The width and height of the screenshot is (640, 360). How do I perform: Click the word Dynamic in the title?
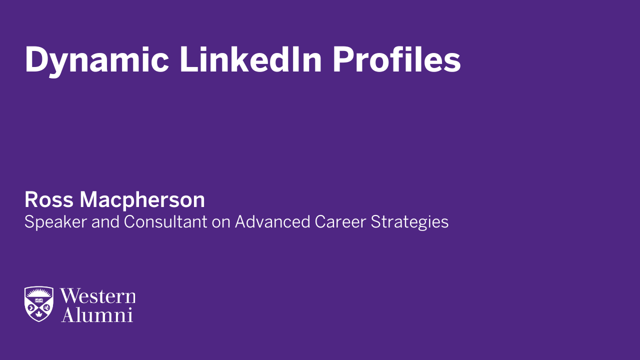tap(96, 60)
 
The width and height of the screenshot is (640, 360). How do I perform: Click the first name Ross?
tap(49, 200)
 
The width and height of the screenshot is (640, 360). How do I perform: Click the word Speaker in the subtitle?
tap(55, 222)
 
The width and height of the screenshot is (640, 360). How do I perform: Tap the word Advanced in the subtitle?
tap(272, 221)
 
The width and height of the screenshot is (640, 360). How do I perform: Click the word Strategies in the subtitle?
tap(409, 222)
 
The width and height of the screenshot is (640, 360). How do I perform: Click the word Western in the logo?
tap(98, 296)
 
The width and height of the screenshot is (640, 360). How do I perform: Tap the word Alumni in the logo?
tap(96, 315)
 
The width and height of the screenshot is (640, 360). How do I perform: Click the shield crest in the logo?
tap(38, 304)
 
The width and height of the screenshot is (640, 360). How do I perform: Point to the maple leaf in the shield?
tap(38, 315)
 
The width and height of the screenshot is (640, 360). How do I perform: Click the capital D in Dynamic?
tap(35, 60)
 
